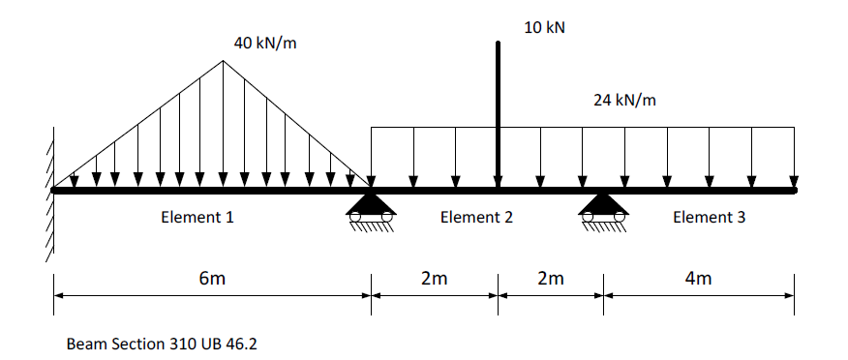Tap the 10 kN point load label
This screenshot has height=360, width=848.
(544, 27)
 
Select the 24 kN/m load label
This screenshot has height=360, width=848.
(623, 100)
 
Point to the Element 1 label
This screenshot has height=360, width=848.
(197, 218)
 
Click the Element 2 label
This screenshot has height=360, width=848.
(476, 218)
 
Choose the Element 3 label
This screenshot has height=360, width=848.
(709, 218)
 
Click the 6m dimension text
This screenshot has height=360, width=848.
(211, 279)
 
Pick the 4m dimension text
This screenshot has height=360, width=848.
(697, 279)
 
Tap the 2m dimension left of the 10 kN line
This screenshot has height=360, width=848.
(435, 279)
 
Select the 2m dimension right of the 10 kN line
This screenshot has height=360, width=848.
(550, 279)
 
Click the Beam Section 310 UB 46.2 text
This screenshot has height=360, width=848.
(163, 344)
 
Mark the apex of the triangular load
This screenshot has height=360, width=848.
(224, 61)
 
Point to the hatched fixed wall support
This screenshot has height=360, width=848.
(45, 194)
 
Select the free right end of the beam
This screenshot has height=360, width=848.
(794, 191)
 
